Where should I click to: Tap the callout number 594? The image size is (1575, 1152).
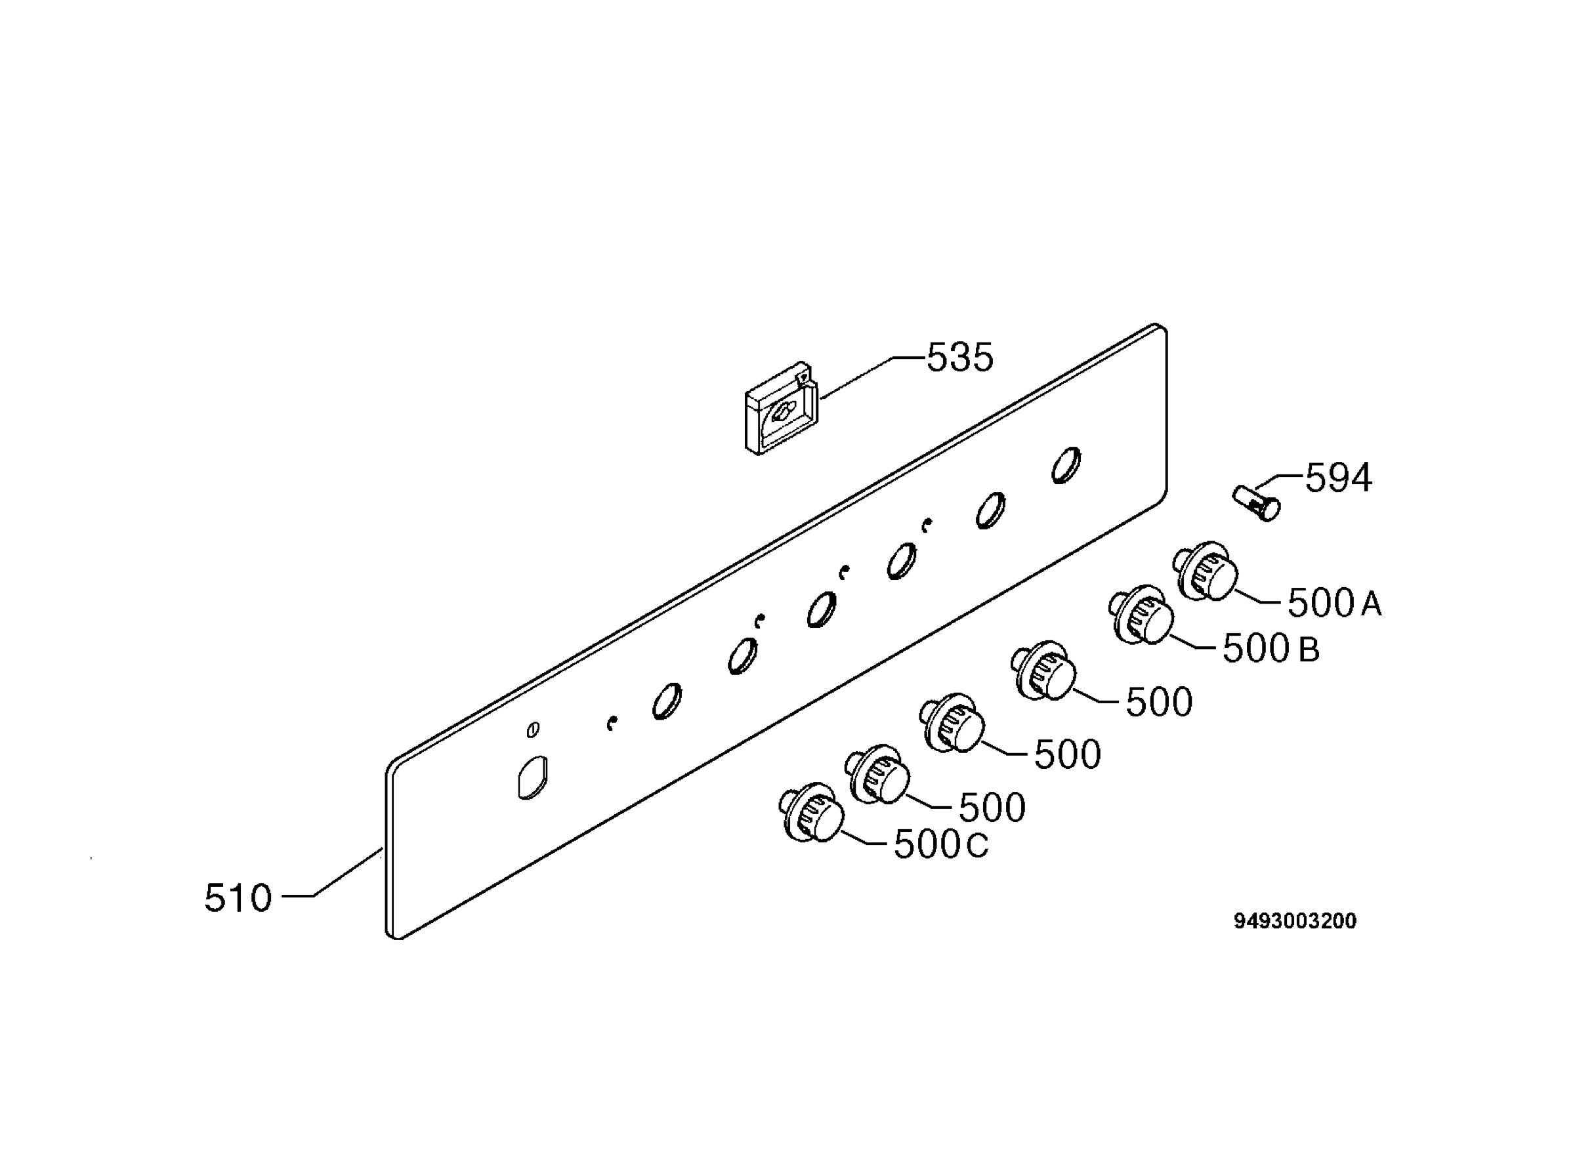pyautogui.click(x=1338, y=478)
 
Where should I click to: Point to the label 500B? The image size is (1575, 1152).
pyautogui.click(x=1271, y=649)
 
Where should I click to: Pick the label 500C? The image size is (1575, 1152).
pyautogui.click(x=941, y=845)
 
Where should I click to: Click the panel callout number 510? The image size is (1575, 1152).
pyautogui.click(x=238, y=898)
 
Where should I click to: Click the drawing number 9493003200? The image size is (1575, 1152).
pyautogui.click(x=1295, y=921)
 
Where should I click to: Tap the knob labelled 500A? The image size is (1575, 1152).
pyautogui.click(x=1206, y=570)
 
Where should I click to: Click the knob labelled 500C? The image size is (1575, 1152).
pyautogui.click(x=811, y=812)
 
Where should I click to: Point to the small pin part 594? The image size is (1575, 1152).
pyautogui.click(x=1256, y=503)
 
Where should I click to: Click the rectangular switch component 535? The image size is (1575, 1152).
pyautogui.click(x=781, y=408)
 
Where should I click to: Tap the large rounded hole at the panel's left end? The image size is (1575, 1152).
pyautogui.click(x=532, y=777)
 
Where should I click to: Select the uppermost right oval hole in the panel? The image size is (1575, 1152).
pyautogui.click(x=1066, y=465)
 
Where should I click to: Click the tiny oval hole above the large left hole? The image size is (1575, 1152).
pyautogui.click(x=533, y=730)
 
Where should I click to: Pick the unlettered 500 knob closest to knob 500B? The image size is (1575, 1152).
pyautogui.click(x=1043, y=670)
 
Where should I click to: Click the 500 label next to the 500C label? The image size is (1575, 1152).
pyautogui.click(x=992, y=808)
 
